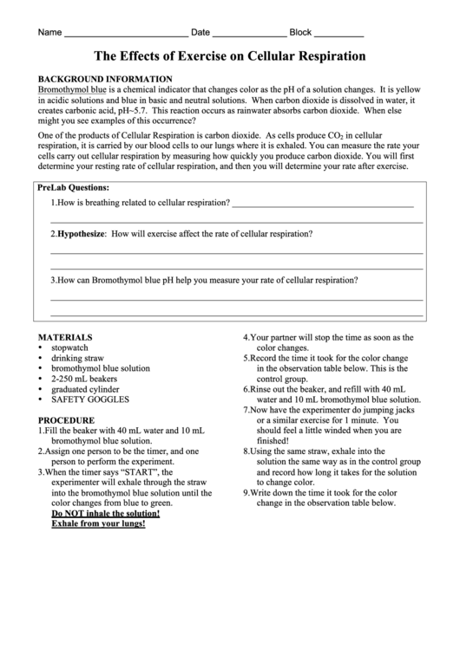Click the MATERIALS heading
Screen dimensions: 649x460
tap(65, 337)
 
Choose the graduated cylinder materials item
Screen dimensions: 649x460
tap(84, 389)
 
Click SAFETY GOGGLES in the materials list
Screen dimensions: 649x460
tap(90, 399)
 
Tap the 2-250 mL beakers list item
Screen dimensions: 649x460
tap(79, 379)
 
